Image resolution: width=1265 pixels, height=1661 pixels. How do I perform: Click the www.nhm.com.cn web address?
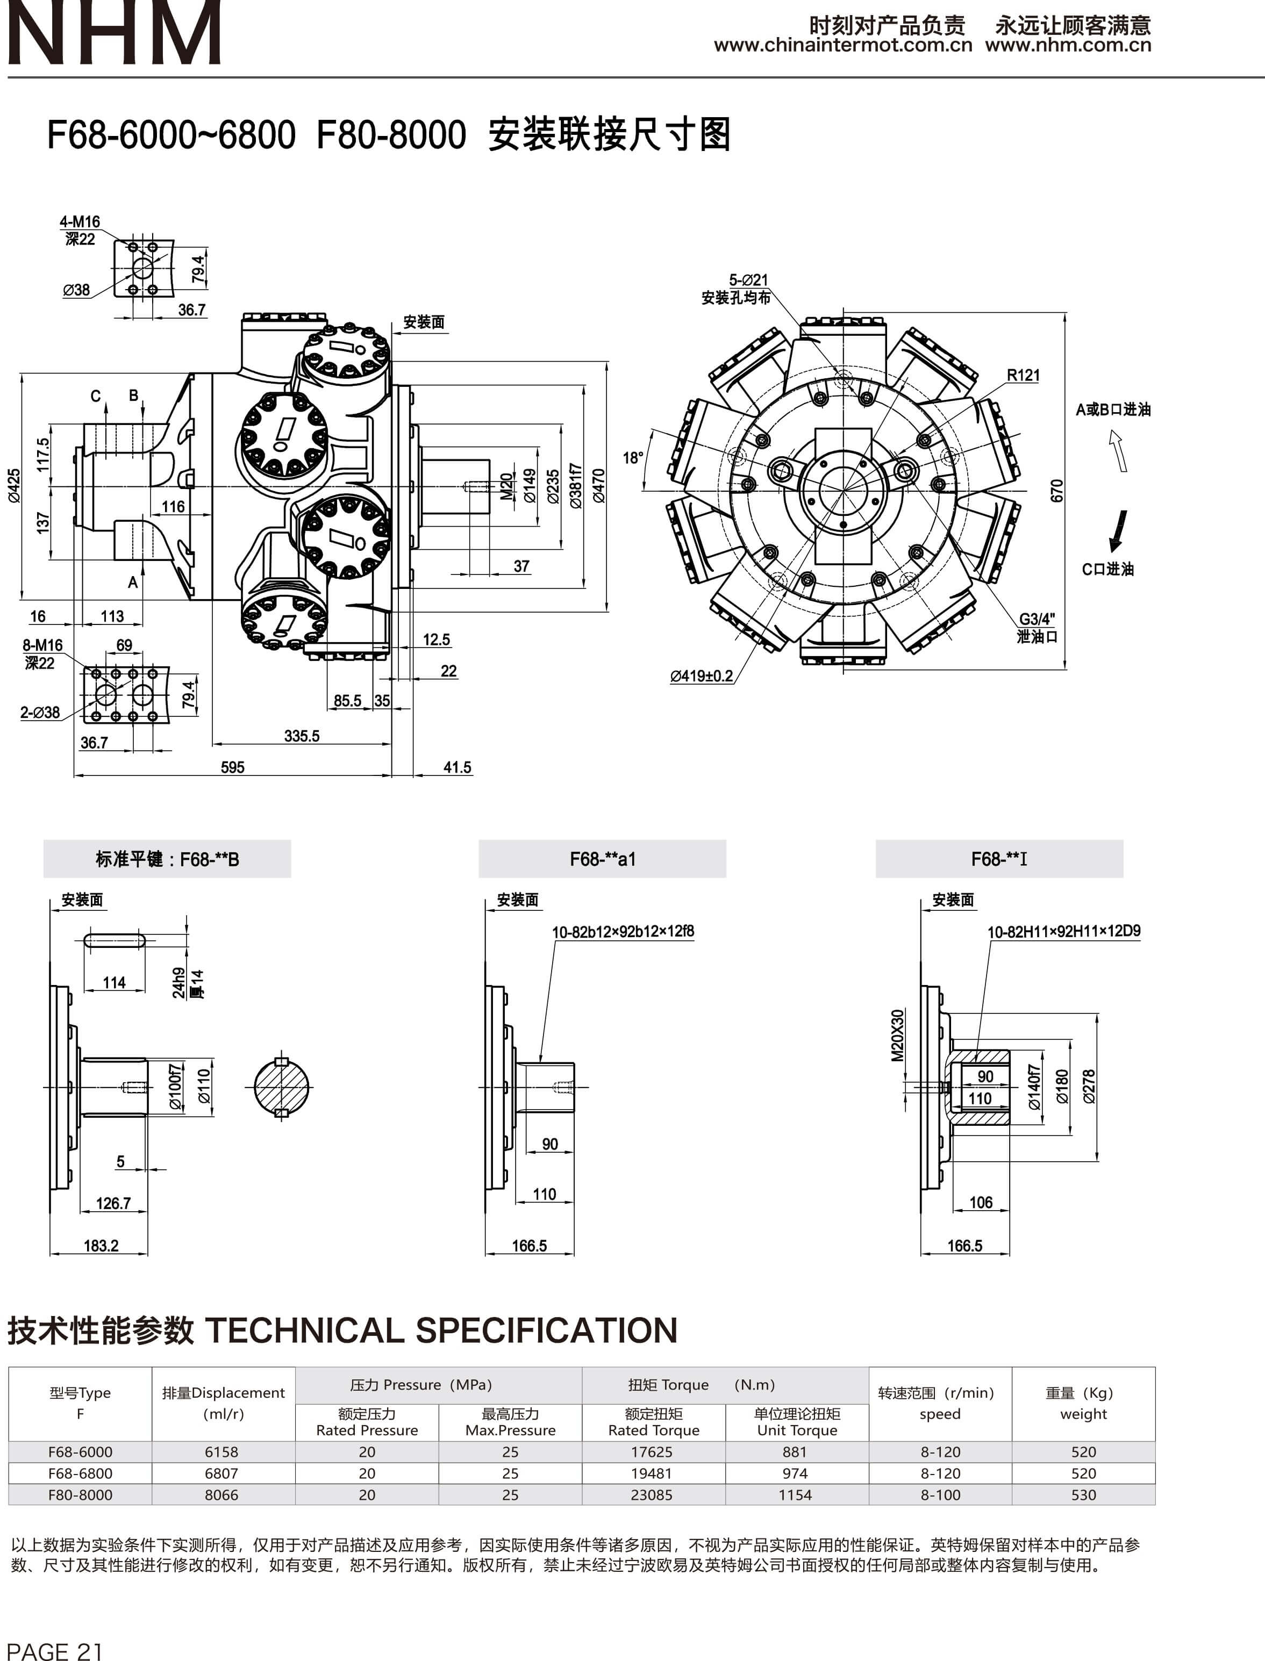click(1068, 45)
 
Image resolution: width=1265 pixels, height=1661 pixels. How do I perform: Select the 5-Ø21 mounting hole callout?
click(748, 280)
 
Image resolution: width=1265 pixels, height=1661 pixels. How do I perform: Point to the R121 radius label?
click(1023, 375)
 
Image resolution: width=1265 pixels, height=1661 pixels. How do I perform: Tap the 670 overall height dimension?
click(1056, 491)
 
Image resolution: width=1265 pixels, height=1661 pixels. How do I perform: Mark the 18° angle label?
click(632, 458)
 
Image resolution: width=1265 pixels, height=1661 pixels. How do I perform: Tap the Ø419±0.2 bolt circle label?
click(701, 676)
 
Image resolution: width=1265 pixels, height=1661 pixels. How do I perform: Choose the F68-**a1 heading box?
click(602, 859)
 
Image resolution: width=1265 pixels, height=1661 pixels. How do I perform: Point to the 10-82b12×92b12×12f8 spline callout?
click(623, 932)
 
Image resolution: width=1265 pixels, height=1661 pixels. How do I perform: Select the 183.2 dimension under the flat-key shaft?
click(101, 1246)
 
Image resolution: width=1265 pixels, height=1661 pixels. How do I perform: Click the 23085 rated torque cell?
click(652, 1494)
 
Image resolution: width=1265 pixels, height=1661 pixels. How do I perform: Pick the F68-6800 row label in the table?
click(80, 1473)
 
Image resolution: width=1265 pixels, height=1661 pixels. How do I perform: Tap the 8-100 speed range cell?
click(940, 1494)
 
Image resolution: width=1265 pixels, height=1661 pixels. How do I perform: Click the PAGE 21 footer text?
click(54, 1650)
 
